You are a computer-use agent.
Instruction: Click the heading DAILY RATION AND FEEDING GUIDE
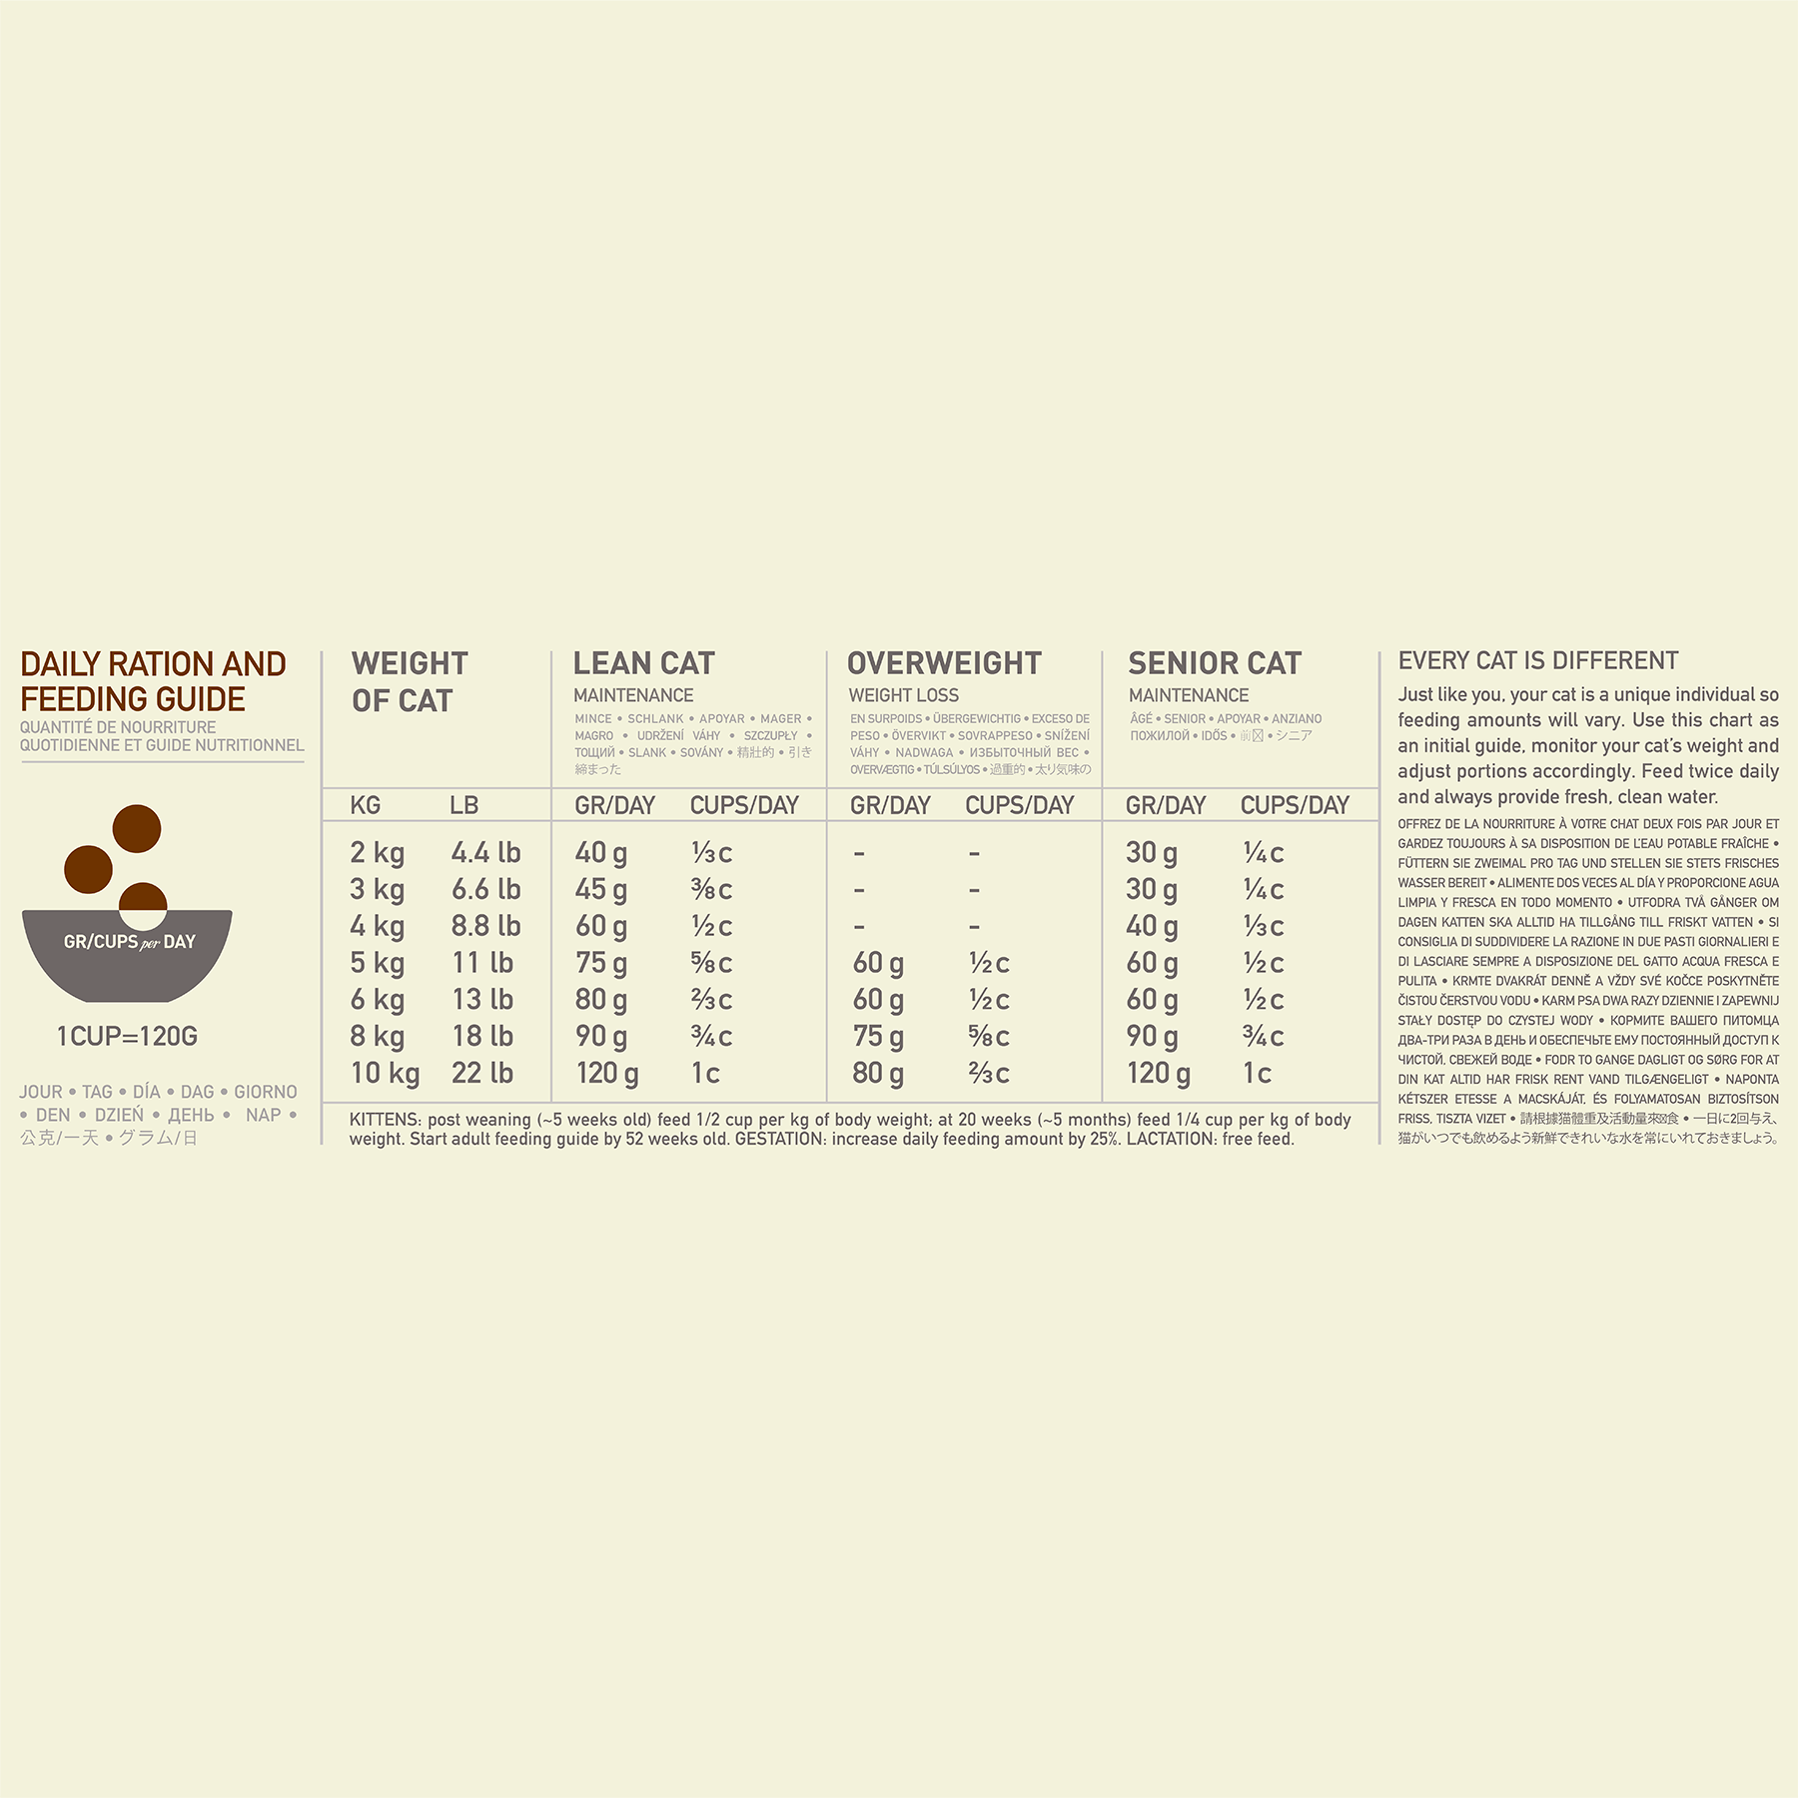153,681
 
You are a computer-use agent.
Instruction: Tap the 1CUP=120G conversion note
127,1036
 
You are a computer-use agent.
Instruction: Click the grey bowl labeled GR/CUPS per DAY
127,954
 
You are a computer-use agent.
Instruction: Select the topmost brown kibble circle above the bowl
137,828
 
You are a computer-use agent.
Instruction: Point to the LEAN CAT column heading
643,663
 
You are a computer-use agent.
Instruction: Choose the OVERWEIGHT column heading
944,663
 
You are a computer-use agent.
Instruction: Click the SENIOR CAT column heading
1215,663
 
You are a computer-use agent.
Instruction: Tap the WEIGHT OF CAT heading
409,681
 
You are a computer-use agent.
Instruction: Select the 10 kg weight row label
385,1073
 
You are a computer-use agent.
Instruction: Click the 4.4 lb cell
485,852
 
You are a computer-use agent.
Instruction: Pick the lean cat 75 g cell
601,963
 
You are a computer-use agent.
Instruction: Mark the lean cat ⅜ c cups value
711,889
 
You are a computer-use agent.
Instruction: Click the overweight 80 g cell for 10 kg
878,1073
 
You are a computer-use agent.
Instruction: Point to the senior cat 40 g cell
1152,926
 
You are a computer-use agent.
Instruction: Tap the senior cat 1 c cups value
1257,1073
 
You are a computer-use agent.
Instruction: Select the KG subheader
365,805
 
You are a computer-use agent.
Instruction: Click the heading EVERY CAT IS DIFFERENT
1537,660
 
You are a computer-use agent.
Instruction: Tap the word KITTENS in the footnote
385,1120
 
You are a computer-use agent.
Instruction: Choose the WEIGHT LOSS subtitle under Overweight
903,695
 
